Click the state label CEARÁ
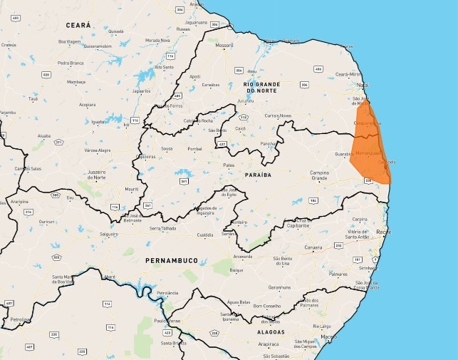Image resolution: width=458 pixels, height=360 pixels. [78, 25]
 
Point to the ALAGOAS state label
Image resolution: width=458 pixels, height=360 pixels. [271, 332]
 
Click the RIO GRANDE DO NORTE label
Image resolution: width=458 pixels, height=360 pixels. [261, 87]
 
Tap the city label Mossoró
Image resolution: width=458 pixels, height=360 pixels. [224, 45]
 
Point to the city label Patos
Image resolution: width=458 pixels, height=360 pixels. [229, 165]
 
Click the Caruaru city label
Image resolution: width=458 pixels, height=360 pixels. [312, 247]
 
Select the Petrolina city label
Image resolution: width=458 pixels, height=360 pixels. [19, 319]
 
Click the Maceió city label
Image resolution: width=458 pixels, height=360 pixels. [328, 336]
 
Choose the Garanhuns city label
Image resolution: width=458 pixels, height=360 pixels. [279, 287]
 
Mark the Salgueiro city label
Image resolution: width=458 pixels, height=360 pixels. [109, 234]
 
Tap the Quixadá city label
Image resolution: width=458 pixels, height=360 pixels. [115, 31]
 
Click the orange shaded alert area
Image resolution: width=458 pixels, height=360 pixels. [370, 150]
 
